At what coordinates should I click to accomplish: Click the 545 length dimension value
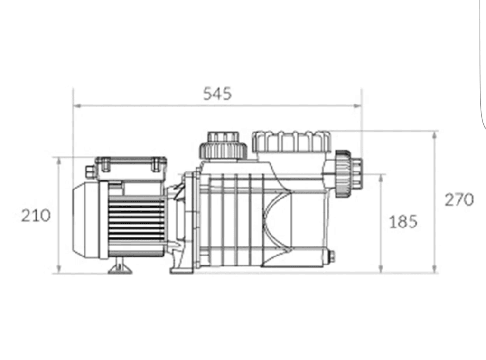(217, 94)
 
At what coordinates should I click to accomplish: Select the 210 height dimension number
(36, 216)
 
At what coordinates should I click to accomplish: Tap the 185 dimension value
(403, 222)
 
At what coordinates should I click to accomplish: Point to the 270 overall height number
(459, 199)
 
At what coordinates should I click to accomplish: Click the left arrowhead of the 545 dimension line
(77, 106)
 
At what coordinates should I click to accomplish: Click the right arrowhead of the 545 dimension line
(357, 106)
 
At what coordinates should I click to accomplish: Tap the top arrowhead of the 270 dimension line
(435, 134)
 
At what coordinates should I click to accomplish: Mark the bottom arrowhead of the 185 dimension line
(381, 269)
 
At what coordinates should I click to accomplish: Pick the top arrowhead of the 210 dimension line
(59, 161)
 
